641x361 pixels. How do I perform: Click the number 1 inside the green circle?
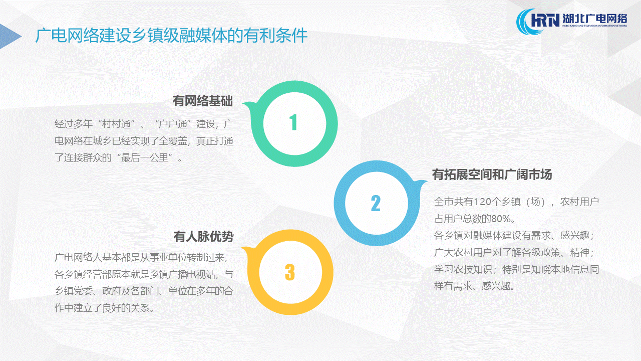tap(293, 122)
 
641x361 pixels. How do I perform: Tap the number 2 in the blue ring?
tap(376, 203)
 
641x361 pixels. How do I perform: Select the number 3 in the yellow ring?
tap(290, 272)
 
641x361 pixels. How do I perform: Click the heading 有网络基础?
tap(203, 101)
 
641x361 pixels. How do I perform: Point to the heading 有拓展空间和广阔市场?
tap(492, 174)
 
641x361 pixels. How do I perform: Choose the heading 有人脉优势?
tap(203, 236)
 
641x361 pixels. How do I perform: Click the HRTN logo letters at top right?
tap(545, 21)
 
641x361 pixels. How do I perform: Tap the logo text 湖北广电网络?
tap(594, 19)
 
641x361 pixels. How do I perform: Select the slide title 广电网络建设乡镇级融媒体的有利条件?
tap(171, 36)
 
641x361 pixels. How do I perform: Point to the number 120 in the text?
tap(483, 202)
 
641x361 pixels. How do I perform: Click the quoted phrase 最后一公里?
tap(145, 157)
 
